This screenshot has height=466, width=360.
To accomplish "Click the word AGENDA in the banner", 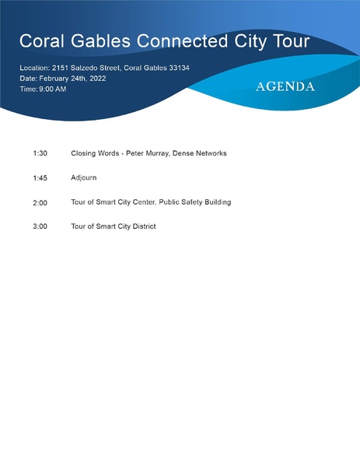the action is point(285,86).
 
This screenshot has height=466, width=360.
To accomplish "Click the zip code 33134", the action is point(179,68).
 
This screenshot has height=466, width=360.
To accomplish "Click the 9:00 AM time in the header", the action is point(52,89).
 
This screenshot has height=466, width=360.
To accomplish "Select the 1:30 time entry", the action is point(40,153).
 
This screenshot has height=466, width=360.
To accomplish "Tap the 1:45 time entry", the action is point(40,178).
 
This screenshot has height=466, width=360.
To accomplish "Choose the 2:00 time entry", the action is point(40,203).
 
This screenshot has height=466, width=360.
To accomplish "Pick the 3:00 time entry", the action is point(40,227).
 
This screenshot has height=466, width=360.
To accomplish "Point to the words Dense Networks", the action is point(201,153).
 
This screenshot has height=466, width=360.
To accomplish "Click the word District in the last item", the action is point(142,227).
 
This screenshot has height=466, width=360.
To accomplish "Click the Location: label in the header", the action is point(35,68).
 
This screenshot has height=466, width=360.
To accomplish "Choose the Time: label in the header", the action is point(28,89).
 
